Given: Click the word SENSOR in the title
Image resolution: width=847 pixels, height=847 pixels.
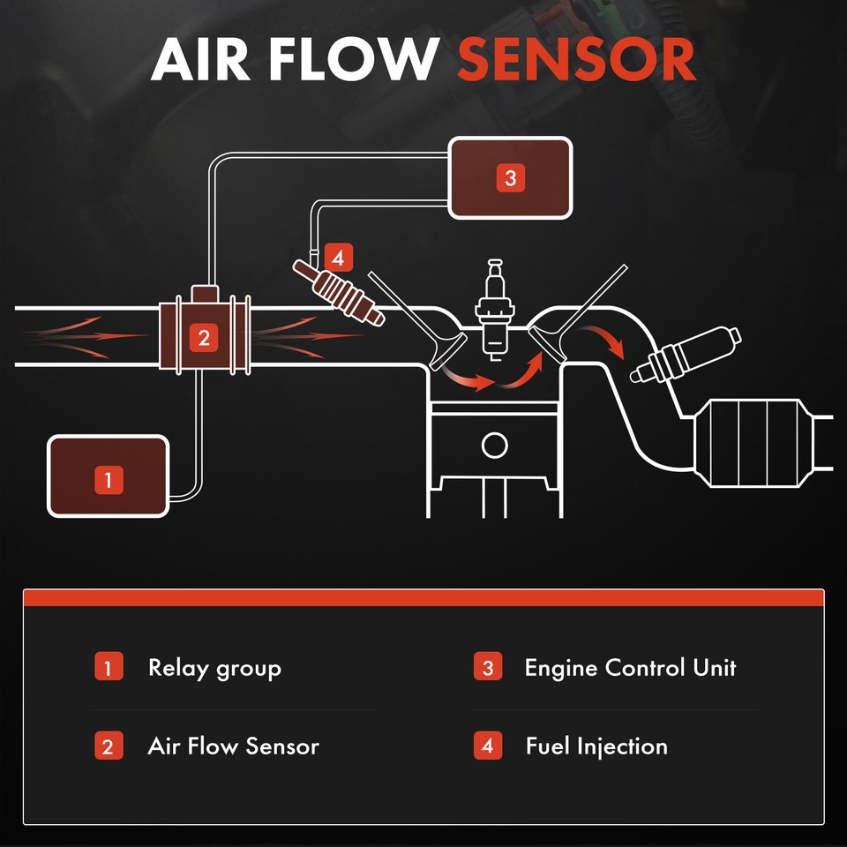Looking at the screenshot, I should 576,60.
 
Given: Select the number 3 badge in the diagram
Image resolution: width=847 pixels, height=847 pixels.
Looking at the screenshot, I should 509,178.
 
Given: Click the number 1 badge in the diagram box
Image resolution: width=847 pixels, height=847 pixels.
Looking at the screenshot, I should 108,480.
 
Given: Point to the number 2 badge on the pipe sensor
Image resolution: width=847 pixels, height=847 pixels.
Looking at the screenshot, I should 204,337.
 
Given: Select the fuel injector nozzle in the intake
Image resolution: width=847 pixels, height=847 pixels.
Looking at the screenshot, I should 349,295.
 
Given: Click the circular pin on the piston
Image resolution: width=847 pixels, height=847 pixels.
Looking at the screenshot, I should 495,444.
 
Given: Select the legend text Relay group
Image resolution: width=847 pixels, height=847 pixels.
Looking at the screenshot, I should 214,668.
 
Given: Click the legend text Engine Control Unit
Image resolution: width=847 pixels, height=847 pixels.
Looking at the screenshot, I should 630,668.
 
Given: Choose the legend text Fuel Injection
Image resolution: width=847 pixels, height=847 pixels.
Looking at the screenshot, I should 596,746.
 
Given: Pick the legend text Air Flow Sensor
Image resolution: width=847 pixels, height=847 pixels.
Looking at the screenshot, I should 233,746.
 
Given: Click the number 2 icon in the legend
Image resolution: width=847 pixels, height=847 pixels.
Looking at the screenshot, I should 108,746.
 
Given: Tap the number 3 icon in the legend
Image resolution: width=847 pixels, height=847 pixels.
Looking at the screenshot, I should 487,668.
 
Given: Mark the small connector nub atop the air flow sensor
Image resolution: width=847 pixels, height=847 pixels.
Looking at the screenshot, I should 204,293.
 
